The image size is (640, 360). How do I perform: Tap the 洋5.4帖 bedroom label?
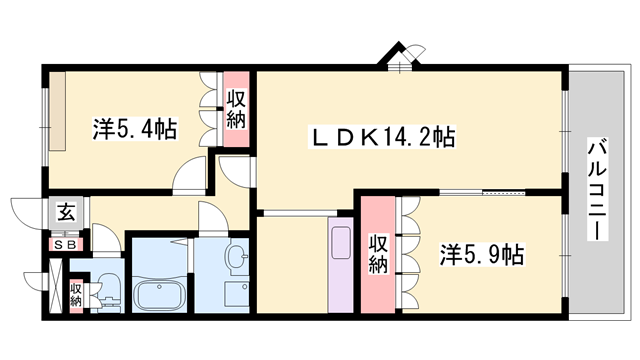tap(136, 129)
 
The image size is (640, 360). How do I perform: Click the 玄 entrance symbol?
tap(64, 213)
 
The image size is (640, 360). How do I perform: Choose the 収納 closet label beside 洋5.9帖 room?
tap(378, 254)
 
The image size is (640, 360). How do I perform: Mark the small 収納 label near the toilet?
tap(76, 296)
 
